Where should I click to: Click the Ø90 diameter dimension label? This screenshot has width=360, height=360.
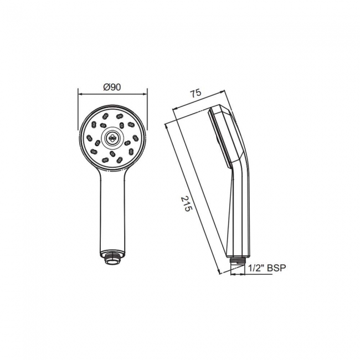click(x=112, y=87)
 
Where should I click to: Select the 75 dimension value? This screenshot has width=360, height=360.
click(x=196, y=94)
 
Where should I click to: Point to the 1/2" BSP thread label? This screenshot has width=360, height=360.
click(x=267, y=268)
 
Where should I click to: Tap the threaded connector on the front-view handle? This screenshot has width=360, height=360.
click(x=113, y=256)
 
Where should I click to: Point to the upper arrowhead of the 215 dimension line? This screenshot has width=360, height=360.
click(x=166, y=125)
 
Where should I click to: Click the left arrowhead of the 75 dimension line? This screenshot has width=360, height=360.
click(x=173, y=109)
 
